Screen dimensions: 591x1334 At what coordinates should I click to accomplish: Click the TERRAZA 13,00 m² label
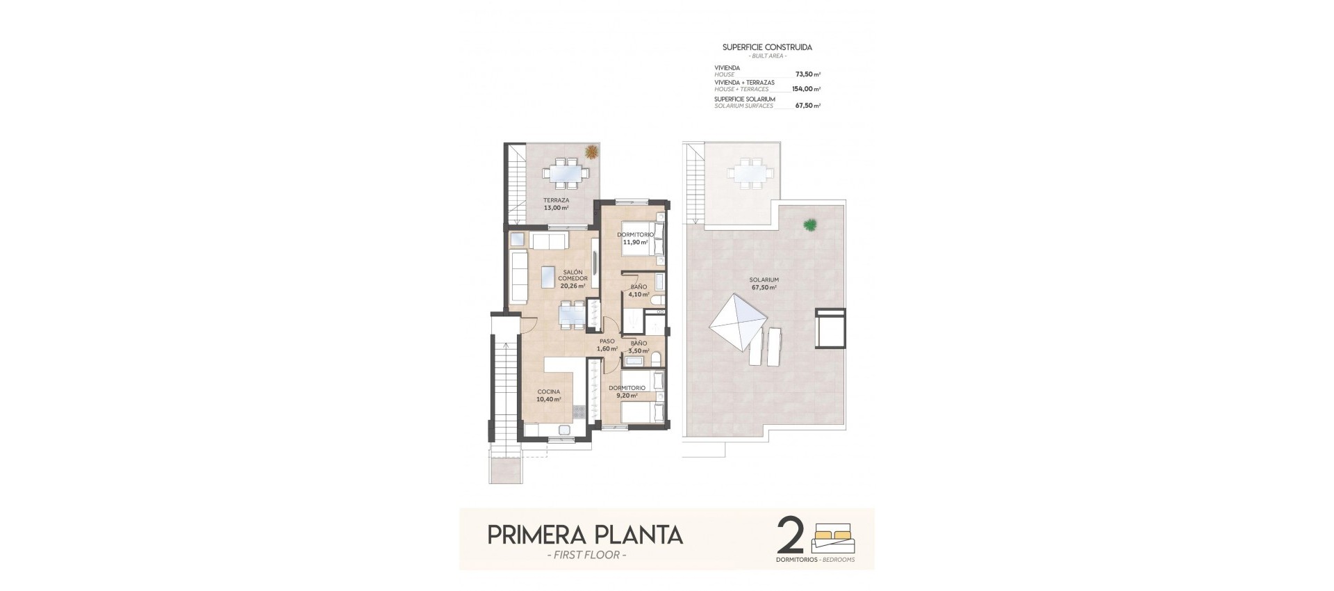coord(556,204)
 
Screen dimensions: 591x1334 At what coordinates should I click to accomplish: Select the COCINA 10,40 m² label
coord(548,395)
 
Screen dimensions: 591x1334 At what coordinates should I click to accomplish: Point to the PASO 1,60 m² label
coord(607,345)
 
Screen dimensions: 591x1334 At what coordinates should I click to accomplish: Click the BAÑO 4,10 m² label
coord(639,290)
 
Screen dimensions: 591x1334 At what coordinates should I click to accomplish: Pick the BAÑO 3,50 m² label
coord(639,346)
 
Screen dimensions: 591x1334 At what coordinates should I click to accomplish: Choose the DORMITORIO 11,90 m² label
coord(635,238)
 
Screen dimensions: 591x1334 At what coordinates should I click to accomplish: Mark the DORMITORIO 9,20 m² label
coord(627,391)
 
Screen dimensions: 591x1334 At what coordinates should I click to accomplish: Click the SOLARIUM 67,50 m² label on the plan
coord(763,283)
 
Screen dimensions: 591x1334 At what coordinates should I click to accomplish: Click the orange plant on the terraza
coord(591,151)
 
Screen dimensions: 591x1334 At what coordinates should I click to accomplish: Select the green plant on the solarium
coord(809,225)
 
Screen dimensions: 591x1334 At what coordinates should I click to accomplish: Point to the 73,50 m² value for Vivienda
coord(807,74)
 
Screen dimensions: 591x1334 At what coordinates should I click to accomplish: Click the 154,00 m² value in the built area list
coord(806,89)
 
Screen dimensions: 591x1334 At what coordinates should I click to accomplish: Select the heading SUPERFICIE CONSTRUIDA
coord(767,47)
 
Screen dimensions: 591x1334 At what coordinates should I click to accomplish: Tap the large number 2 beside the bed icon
coord(791,536)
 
